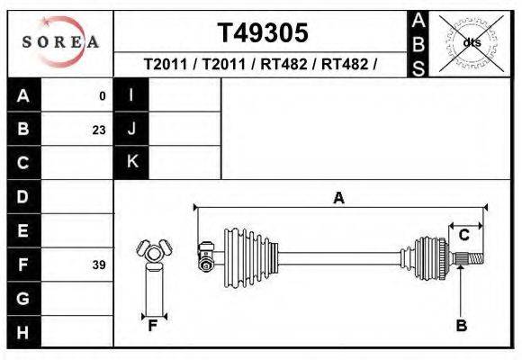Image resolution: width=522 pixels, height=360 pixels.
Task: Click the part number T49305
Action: [263, 32]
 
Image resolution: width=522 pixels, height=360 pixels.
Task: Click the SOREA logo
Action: [59, 42]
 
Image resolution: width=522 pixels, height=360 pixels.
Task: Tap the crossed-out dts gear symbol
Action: [472, 42]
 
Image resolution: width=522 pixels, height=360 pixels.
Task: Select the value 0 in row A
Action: [102, 95]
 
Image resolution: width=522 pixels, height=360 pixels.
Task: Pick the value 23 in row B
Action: [99, 130]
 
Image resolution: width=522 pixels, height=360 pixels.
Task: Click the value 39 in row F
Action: [99, 265]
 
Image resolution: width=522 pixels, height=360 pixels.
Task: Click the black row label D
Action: [23, 196]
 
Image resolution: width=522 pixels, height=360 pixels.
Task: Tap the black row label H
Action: [23, 332]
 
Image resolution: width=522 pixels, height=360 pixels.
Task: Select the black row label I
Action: [131, 95]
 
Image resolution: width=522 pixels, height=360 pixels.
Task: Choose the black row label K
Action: [131, 162]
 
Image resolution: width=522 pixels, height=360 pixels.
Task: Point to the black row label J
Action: [131, 129]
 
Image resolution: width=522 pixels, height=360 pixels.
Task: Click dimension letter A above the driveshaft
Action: [338, 199]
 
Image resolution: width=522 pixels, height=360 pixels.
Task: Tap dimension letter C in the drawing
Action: [464, 235]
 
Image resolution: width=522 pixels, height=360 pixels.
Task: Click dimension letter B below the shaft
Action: [461, 326]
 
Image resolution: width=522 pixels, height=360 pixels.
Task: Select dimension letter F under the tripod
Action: [153, 326]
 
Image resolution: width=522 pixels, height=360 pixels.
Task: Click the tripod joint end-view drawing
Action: [153, 251]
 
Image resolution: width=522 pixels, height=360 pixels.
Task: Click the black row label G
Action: [23, 298]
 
